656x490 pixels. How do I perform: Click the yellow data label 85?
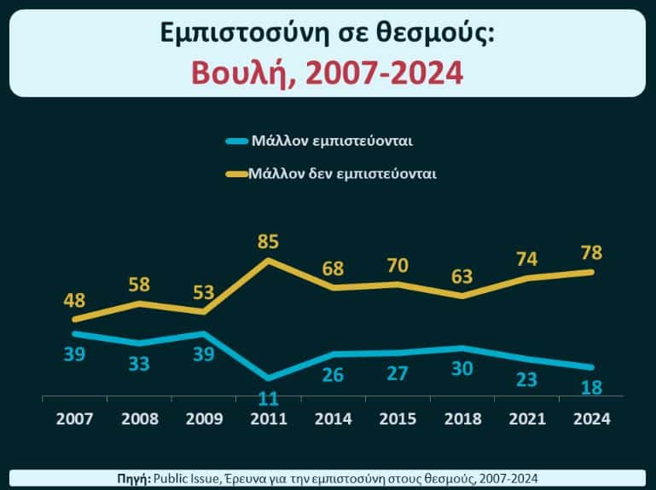coord(269,241)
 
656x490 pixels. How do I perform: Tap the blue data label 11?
coord(269,397)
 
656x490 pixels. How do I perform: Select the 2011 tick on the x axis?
coord(269,418)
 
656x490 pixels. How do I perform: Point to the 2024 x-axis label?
coord(591,418)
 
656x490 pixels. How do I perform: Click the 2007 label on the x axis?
coord(74,418)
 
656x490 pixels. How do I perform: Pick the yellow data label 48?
coord(74,302)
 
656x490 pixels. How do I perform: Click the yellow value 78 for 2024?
coord(591,253)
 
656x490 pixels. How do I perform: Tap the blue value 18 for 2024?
coord(591,388)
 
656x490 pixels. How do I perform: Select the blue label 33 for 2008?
coord(139,364)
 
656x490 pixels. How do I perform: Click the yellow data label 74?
coord(526,260)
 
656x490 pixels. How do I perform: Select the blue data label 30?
coord(462,368)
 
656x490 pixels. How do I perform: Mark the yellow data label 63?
coord(462,277)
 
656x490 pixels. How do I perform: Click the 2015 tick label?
coord(398,418)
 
